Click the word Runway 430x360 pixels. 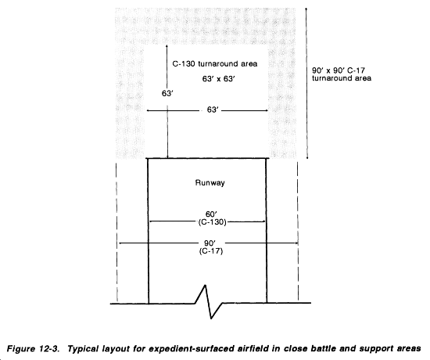click(x=210, y=183)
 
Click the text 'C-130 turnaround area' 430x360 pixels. click(x=215, y=64)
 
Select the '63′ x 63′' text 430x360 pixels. click(x=219, y=79)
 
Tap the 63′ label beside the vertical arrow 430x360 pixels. click(x=167, y=94)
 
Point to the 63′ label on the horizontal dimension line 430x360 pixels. click(x=213, y=110)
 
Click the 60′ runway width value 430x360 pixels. click(x=211, y=214)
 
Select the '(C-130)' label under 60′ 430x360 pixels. click(x=212, y=222)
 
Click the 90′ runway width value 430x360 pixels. click(x=210, y=243)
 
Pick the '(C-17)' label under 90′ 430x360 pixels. click(x=211, y=251)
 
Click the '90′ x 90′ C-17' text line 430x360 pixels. click(x=339, y=70)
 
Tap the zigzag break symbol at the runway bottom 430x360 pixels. click(x=209, y=302)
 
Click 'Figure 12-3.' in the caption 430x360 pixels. click(x=33, y=349)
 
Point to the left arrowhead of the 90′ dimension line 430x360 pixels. click(x=120, y=243)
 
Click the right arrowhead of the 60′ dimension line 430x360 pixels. click(x=263, y=221)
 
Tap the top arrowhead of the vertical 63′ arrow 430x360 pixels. click(x=167, y=47)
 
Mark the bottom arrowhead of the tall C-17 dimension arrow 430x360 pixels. click(x=307, y=157)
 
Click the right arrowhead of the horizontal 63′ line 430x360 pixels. click(x=266, y=110)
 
